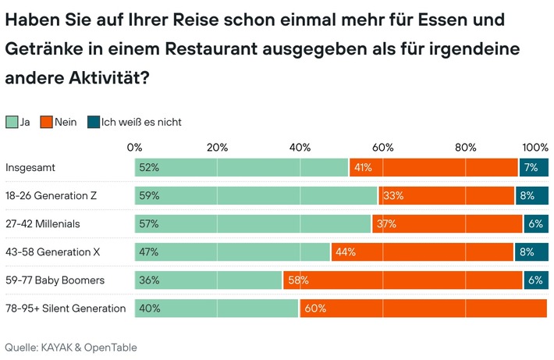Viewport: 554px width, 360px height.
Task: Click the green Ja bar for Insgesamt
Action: pos(242,168)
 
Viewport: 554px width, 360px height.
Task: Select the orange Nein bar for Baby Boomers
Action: pos(403,280)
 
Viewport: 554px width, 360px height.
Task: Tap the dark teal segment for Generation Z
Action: pos(531,196)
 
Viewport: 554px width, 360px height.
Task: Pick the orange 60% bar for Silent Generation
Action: pos(423,308)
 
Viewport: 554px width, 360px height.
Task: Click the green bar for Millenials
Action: pos(253,224)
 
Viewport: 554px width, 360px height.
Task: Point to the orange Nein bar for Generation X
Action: pos(422,252)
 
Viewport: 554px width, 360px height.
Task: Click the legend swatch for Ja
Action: pos(12,122)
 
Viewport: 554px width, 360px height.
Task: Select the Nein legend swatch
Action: pos(46,122)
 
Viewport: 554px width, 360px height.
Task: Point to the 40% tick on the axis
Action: pos(300,148)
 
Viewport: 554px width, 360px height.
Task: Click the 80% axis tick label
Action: pos(465,148)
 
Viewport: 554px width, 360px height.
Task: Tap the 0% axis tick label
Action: pos(134,148)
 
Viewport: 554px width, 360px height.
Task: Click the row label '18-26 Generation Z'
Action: pos(54,196)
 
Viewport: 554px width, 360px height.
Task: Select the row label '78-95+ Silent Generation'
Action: pos(66,308)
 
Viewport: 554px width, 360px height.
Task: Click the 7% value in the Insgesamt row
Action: pos(531,168)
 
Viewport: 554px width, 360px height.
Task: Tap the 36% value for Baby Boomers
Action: pos(148,280)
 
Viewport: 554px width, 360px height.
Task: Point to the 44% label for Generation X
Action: pos(345,252)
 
